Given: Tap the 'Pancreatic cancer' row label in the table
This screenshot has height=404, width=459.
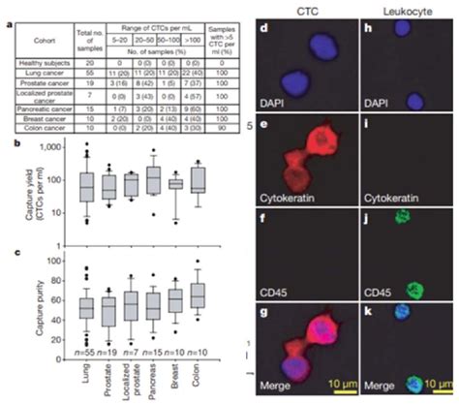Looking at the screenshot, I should pos(37,110).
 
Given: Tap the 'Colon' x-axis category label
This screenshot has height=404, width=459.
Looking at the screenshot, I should pos(199,366).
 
